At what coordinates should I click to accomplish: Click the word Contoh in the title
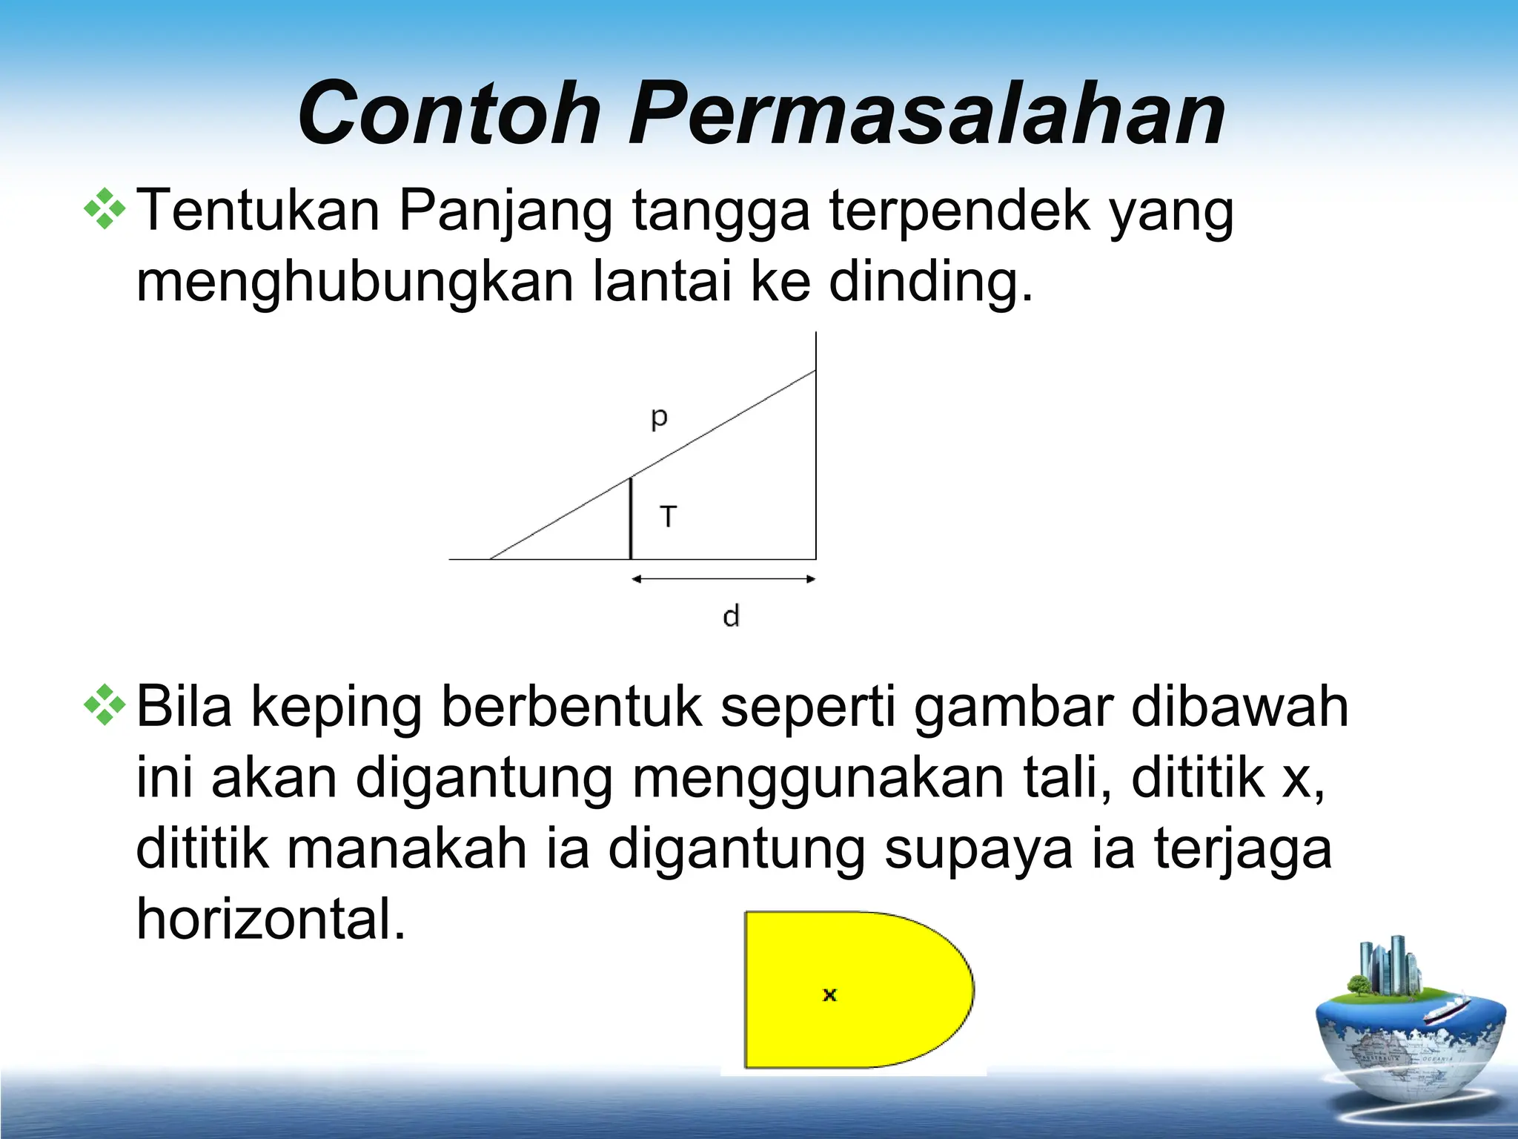(449, 113)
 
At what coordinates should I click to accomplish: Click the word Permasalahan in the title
(927, 113)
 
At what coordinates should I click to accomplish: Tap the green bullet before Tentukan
(105, 210)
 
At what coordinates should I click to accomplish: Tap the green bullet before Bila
(105, 705)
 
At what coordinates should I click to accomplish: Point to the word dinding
(929, 283)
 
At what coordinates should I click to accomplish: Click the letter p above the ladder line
(659, 419)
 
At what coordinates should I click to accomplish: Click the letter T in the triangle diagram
(669, 516)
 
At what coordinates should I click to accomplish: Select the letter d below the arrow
(731, 616)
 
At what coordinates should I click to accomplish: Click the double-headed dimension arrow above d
(723, 579)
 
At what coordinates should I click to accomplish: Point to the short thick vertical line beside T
(631, 518)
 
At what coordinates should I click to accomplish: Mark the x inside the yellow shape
(829, 994)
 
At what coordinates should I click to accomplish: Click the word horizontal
(271, 919)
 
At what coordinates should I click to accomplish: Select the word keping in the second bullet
(337, 708)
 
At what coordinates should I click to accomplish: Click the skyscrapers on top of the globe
(1386, 963)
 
